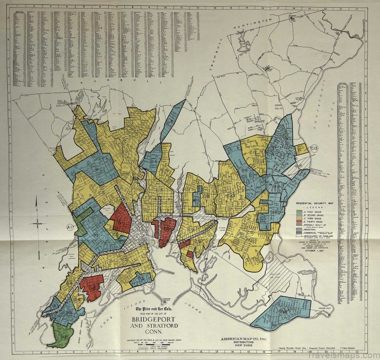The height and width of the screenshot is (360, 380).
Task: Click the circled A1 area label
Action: coord(70,226)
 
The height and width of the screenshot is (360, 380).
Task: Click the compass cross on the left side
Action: coord(38,223)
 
